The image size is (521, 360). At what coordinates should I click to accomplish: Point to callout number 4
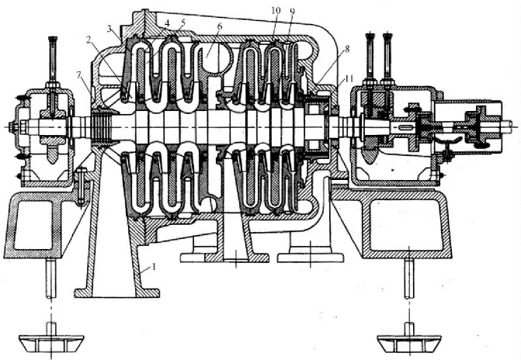[x=168, y=24]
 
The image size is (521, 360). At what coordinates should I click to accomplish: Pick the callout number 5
[x=182, y=24]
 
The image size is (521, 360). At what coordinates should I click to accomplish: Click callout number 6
[x=220, y=28]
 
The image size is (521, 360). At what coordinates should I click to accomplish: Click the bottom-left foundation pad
[x=54, y=341]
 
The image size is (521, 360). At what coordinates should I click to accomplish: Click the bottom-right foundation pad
[x=409, y=341]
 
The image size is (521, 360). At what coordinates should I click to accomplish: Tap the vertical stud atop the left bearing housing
[x=53, y=59]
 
